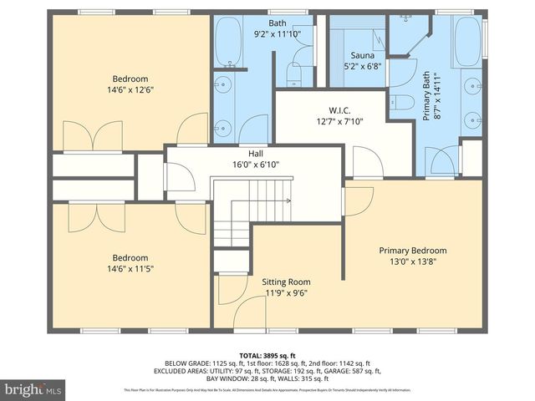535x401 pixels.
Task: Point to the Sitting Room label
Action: (x=286, y=282)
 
